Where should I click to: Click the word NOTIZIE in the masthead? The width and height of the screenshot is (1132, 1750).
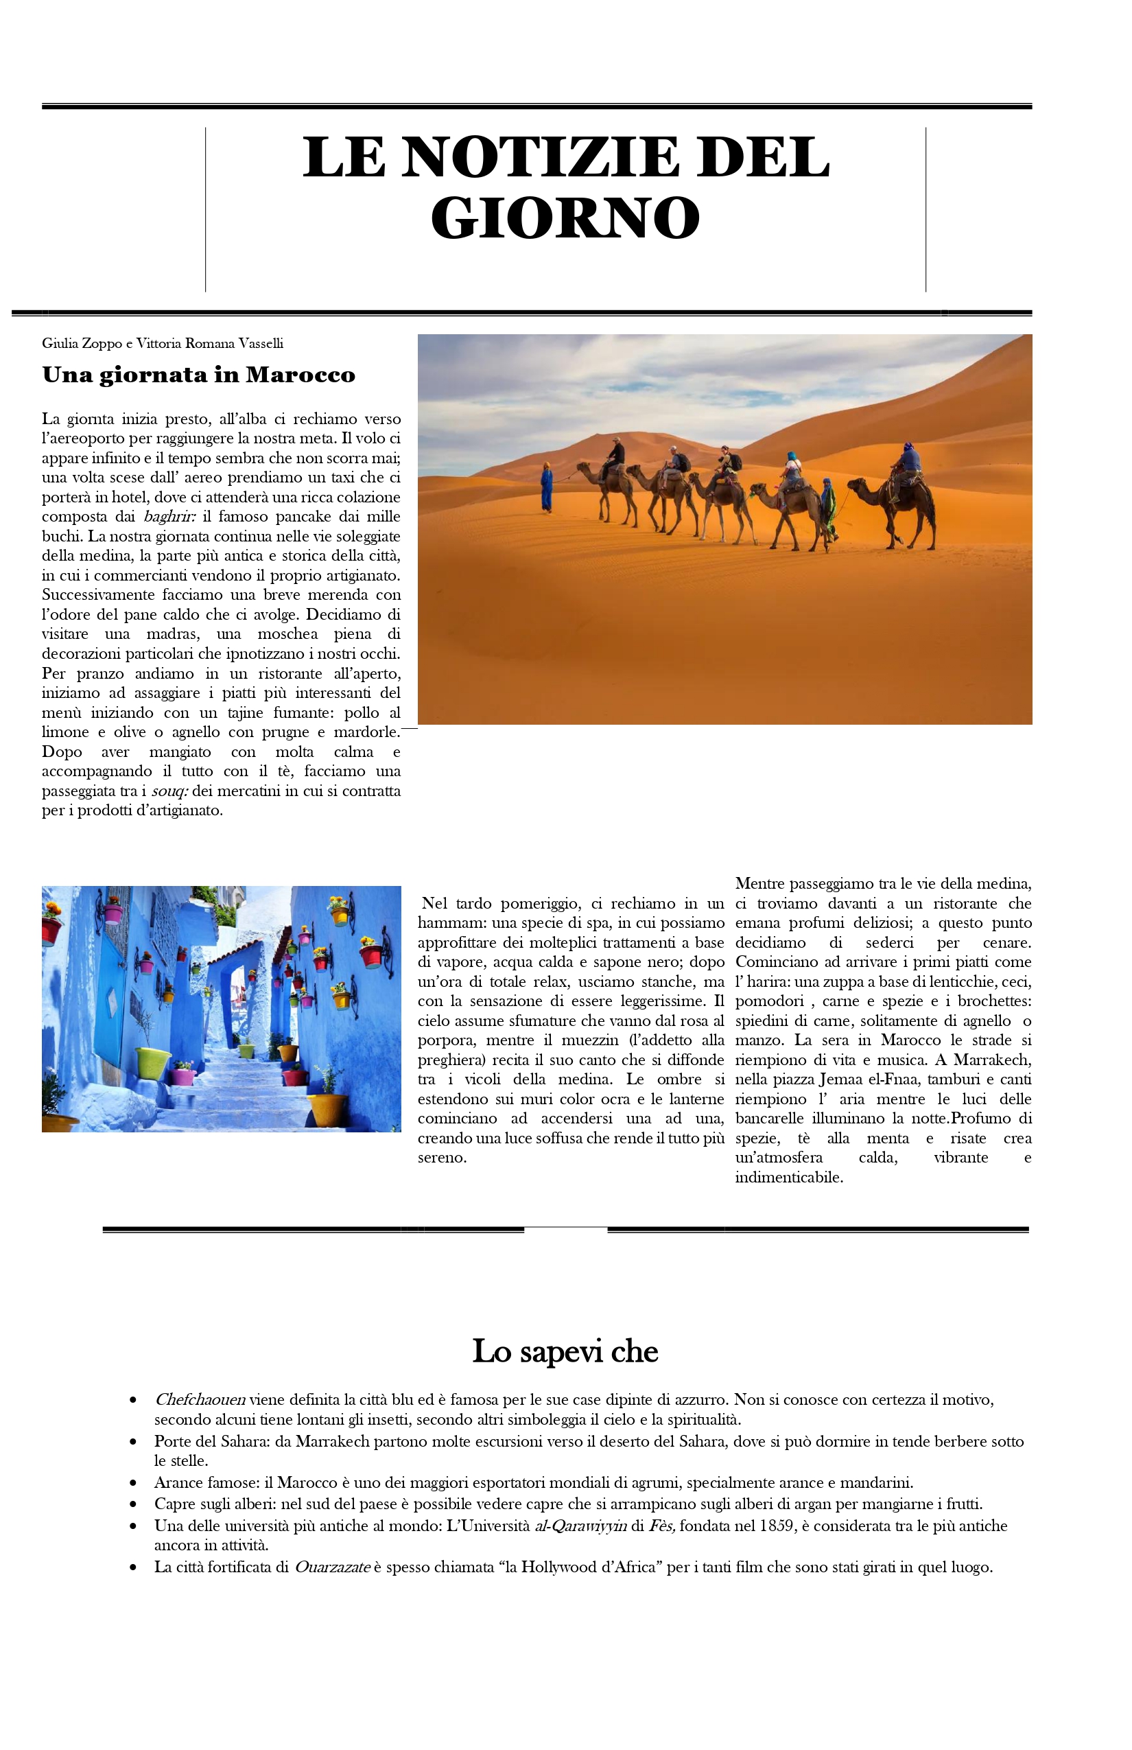coord(541,157)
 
